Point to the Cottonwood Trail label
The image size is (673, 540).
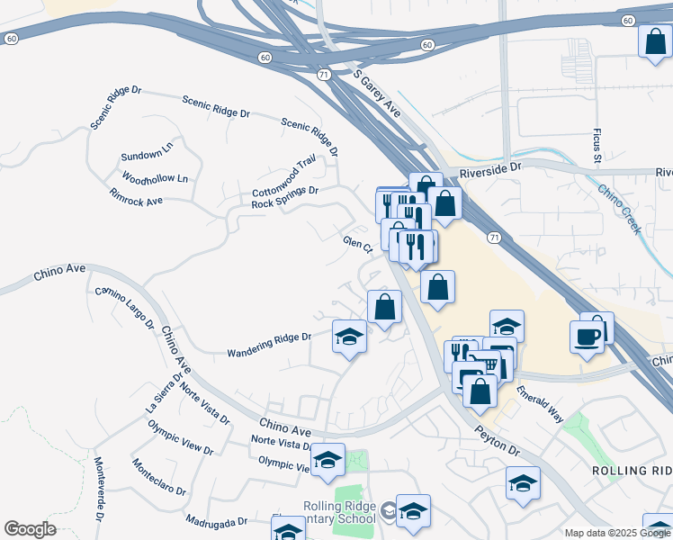click(284, 175)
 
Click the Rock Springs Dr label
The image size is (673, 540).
click(285, 197)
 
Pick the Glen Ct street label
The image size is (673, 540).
click(357, 245)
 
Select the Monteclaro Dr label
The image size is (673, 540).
click(158, 478)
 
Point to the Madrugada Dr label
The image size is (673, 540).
click(216, 522)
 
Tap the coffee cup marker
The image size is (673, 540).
click(587, 337)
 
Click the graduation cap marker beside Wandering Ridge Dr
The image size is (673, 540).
click(349, 337)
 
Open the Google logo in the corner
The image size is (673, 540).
click(30, 529)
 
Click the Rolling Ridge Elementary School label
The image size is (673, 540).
click(339, 512)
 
